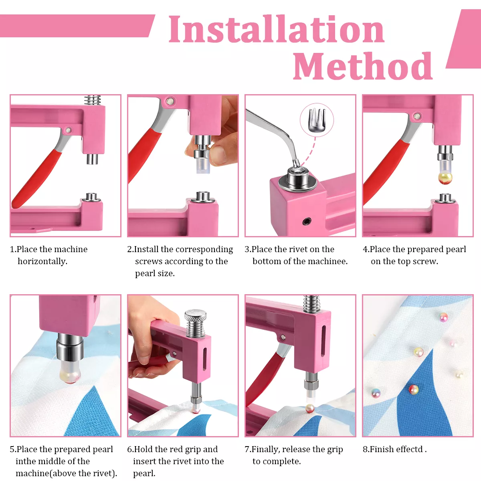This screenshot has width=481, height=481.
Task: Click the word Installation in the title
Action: click(276, 29)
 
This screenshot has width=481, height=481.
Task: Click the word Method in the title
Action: click(363, 66)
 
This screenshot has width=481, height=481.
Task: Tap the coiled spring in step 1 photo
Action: click(93, 100)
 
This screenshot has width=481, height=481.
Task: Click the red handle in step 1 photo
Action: click(36, 179)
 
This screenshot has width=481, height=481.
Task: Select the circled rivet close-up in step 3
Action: click(317, 120)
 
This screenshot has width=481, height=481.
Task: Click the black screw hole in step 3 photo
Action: click(307, 221)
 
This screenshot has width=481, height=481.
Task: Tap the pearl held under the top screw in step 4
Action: click(445, 178)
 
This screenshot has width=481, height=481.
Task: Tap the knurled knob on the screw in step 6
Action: click(196, 315)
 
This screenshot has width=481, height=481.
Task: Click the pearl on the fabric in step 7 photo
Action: click(310, 408)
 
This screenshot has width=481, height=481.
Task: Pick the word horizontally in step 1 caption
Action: click(42, 261)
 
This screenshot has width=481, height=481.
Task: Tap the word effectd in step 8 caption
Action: click(409, 449)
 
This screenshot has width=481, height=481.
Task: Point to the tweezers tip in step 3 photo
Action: click(297, 164)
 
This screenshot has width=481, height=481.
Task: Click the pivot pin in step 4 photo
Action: click(416, 116)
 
